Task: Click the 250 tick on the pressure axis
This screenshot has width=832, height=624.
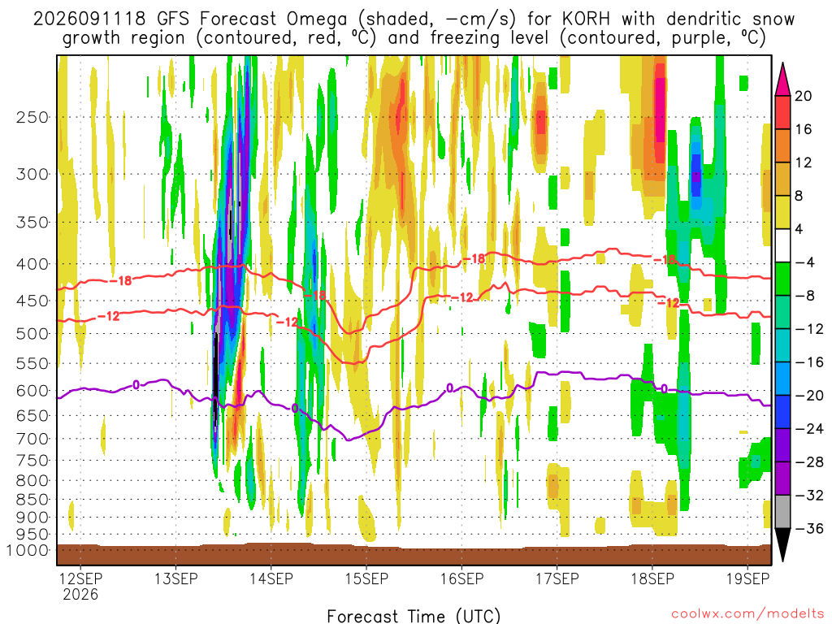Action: coord(32,117)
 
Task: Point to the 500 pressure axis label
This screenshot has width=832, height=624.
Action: coord(32,334)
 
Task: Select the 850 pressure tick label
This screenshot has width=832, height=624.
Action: coord(32,500)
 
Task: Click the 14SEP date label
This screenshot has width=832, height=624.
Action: coord(271,578)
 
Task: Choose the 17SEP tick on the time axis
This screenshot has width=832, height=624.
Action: coord(557,578)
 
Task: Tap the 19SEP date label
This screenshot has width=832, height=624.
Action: coord(747,578)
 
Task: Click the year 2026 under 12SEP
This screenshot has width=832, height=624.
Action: coord(80,594)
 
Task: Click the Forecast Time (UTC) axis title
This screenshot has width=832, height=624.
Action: coord(414,616)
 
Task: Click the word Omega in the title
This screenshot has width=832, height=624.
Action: coord(317,20)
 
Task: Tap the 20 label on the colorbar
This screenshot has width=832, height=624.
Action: coord(804,96)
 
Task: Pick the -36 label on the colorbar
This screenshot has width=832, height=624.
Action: coord(808,528)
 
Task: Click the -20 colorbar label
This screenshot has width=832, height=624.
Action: coord(808,396)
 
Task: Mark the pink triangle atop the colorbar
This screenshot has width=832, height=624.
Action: coord(782,79)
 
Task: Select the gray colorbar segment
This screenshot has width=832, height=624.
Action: coord(782,512)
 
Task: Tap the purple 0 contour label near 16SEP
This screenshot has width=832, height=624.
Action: coord(450,388)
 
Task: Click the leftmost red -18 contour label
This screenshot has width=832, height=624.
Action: coord(121,280)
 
